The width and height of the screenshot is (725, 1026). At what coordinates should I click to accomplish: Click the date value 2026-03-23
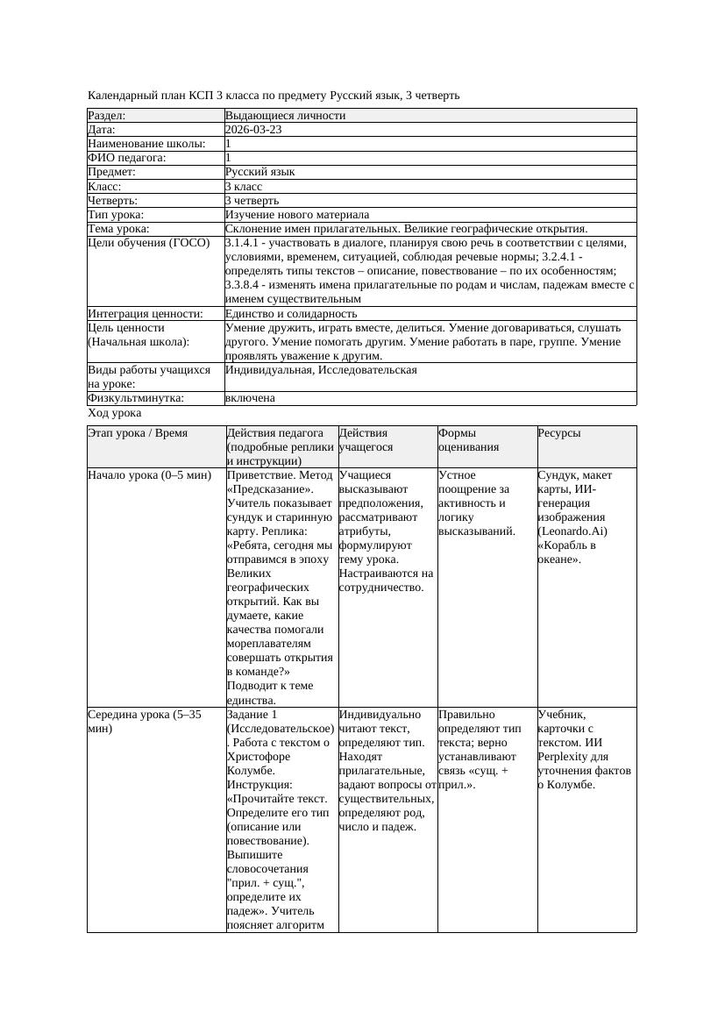click(253, 130)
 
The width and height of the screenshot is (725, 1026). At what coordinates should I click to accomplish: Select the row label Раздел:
click(107, 116)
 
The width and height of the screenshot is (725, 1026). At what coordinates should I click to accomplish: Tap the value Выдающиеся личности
click(285, 116)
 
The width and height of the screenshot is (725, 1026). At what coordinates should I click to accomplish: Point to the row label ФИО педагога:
click(127, 158)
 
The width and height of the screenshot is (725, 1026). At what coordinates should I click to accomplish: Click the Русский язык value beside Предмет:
click(260, 172)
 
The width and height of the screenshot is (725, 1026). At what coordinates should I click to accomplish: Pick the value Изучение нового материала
click(297, 215)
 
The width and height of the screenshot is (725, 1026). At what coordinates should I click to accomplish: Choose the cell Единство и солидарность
click(291, 314)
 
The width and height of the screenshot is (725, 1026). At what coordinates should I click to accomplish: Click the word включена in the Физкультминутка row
click(250, 398)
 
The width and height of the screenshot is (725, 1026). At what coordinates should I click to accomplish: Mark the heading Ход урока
click(115, 412)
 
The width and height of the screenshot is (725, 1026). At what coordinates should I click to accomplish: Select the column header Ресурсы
click(559, 433)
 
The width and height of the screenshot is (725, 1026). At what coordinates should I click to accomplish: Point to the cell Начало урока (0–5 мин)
click(150, 475)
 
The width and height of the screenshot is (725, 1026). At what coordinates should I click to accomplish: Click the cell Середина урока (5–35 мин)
click(146, 722)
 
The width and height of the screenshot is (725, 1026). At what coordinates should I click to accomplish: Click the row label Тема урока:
click(119, 229)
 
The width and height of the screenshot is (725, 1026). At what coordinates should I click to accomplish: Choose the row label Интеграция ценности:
click(146, 314)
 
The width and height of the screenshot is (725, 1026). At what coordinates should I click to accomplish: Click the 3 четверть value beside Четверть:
click(252, 201)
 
